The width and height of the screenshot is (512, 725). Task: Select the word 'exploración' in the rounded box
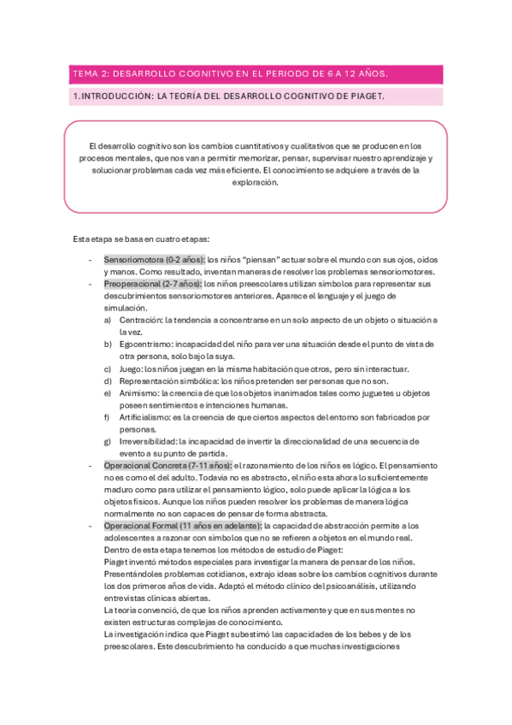255,182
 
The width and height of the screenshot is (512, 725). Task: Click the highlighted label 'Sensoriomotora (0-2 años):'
155,258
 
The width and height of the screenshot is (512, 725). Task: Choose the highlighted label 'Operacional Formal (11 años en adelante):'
183,526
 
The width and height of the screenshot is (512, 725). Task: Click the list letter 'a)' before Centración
108,320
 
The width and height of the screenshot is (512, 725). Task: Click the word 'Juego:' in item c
132,368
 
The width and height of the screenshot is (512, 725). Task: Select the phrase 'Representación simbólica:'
168,380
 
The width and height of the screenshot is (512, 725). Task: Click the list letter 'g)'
108,441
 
